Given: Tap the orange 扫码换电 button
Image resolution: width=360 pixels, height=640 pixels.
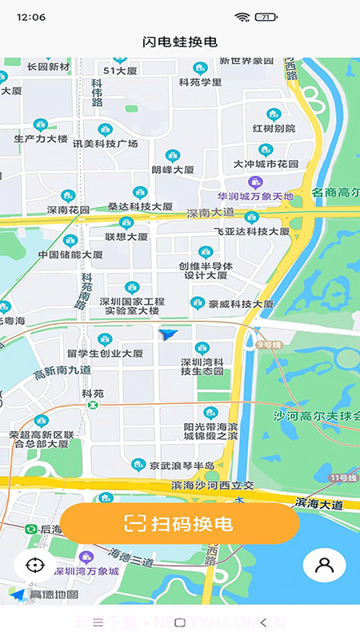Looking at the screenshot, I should [179, 524].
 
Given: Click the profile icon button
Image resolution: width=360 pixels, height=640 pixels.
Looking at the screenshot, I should [324, 565].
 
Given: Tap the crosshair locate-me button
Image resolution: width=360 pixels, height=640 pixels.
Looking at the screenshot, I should [34, 565].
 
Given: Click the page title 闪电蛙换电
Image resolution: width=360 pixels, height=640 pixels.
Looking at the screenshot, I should [180, 42].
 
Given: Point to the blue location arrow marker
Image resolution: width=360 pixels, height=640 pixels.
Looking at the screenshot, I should [168, 334].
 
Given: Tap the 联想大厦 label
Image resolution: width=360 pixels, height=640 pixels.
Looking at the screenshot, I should [126, 237].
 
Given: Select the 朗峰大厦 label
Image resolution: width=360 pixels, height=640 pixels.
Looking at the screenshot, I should [173, 170].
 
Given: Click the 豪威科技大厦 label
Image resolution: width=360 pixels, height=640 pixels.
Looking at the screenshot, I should [241, 304].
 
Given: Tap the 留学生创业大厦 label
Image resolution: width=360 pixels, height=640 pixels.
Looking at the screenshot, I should [105, 353].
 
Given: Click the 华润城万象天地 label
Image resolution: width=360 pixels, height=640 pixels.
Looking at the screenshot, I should [255, 196].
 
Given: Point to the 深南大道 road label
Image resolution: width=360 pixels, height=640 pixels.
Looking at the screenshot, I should [211, 214].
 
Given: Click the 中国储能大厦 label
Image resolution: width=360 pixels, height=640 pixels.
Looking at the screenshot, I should [70, 254].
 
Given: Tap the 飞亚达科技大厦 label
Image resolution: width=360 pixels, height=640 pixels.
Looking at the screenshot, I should [251, 230].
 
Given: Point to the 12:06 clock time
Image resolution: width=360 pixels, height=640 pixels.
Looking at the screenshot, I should [30, 17].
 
